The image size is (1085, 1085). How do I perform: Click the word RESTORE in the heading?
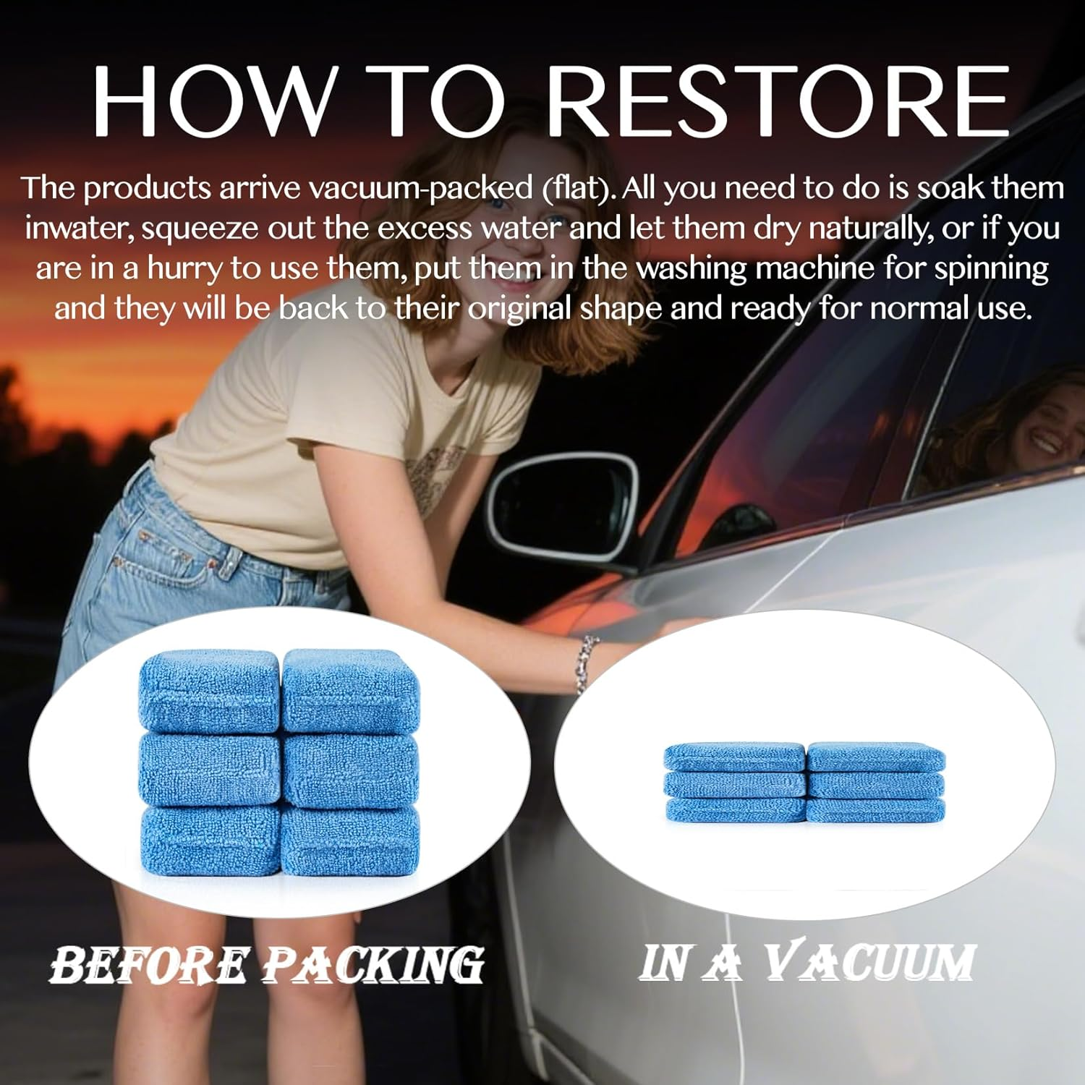click(x=778, y=101)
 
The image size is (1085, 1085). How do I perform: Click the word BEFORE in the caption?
click(x=148, y=966)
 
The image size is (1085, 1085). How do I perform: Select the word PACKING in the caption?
click(x=373, y=966)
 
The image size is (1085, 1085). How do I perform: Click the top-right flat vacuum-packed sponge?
click(x=875, y=757)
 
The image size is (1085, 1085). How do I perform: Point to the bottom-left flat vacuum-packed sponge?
click(x=734, y=810)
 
